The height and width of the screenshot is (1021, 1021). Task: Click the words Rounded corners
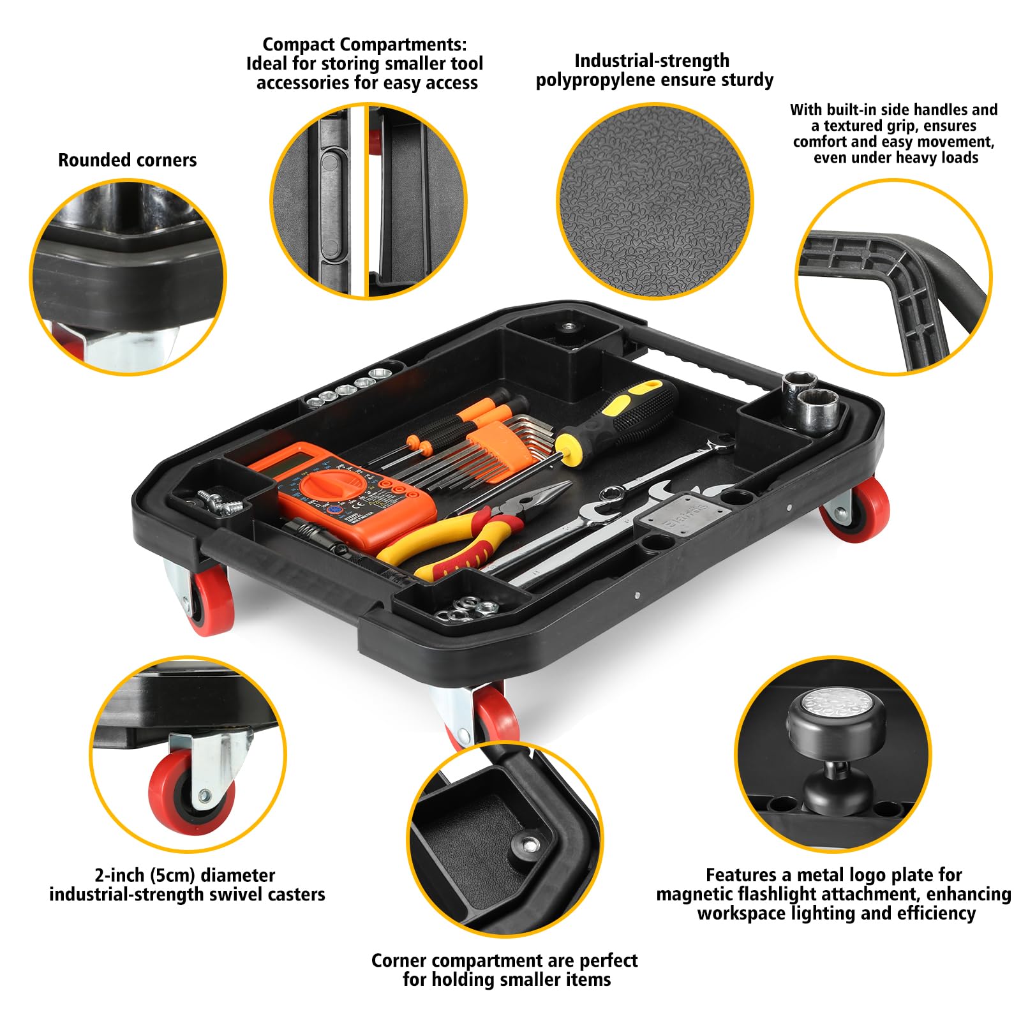[x=127, y=160]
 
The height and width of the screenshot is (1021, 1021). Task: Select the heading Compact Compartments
[x=364, y=45]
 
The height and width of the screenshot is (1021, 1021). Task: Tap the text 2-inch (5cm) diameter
[x=184, y=875]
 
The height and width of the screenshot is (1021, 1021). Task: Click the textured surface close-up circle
[x=654, y=201]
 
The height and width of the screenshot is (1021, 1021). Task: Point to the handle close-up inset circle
[x=893, y=278]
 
